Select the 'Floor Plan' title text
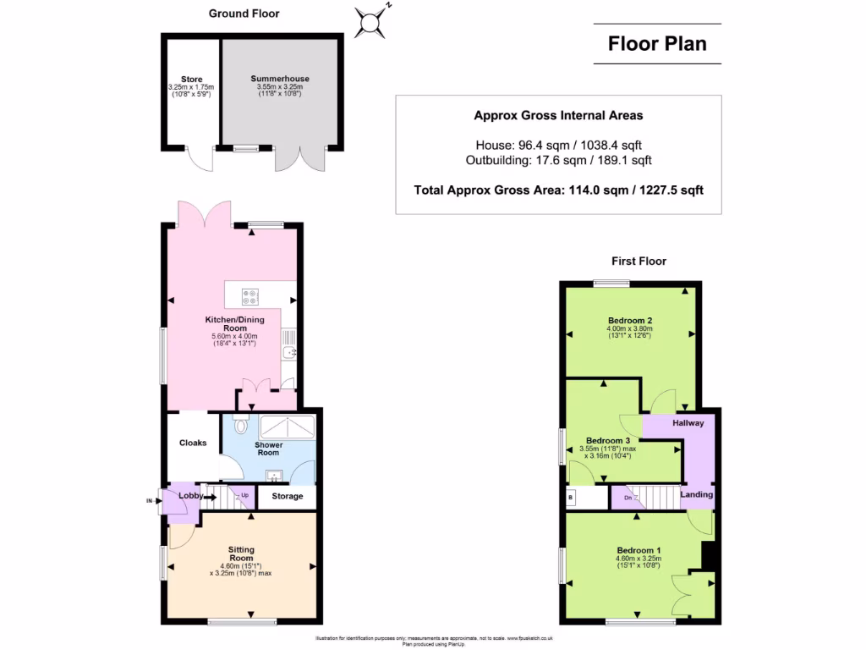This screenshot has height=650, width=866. coord(657,44)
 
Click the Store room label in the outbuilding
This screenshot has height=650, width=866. coord(191,80)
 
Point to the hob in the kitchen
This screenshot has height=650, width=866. coord(251,295)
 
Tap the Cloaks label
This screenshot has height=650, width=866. coord(193,443)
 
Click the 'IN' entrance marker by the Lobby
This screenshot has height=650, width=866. coord(151,502)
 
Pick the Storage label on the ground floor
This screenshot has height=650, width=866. coord(287,496)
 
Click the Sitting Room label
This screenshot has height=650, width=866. coord(241,554)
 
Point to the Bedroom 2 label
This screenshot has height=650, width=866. coord(629,320)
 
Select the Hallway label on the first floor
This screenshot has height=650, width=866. coord(688,422)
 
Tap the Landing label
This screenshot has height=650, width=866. coord(697,494)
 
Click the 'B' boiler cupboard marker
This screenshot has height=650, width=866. coord(571,498)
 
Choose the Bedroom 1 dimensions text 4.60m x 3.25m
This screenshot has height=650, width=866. coord(639,559)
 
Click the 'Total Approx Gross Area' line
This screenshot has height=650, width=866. coord(558,190)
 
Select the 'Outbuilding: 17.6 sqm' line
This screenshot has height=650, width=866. coord(558,160)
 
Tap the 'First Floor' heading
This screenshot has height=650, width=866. coord(639,262)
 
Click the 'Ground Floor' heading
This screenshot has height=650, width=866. coord(244,14)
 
